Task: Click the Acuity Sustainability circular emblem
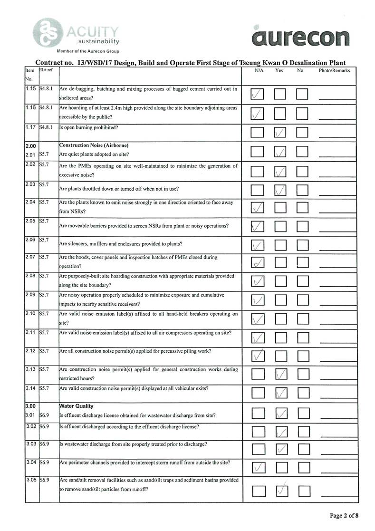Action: [47, 32]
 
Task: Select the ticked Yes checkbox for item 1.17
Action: [281, 132]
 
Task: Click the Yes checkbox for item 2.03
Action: [281, 189]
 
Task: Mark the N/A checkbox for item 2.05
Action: [257, 226]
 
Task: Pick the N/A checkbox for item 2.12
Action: [257, 355]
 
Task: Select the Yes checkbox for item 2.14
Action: [281, 392]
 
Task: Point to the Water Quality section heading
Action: [76, 406]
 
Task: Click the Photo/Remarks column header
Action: [334, 70]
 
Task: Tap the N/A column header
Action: [259, 70]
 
